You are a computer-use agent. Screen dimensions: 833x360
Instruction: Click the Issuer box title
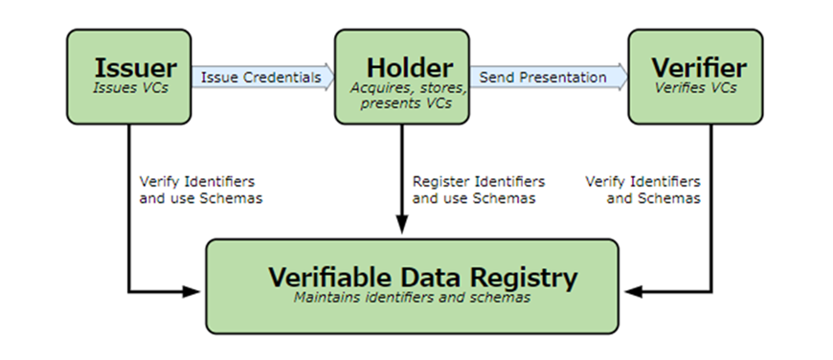pos(135,68)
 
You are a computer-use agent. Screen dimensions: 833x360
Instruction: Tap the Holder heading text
pos(410,68)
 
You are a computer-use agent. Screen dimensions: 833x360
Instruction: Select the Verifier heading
pos(699,68)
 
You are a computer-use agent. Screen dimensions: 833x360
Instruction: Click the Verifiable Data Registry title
pos(422,278)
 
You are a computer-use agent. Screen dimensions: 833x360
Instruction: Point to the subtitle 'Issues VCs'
pos(130,88)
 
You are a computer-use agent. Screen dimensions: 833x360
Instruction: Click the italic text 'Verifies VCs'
pos(695,88)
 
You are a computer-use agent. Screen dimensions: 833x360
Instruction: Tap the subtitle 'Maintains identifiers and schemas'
pos(412,297)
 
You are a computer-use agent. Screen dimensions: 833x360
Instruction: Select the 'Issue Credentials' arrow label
pos(260,78)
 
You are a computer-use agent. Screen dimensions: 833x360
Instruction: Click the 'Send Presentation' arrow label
pos(542,78)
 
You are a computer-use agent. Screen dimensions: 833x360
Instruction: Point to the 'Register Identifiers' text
pos(479,182)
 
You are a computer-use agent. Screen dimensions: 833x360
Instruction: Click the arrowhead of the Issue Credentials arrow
pos(328,78)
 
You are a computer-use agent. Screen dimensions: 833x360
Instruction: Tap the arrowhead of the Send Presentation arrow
pos(621,78)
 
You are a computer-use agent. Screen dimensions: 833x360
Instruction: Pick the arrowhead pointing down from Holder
pos(402,224)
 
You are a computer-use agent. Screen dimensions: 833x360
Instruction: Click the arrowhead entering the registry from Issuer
pos(191,291)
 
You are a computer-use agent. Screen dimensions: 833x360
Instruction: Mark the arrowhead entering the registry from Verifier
pos(634,291)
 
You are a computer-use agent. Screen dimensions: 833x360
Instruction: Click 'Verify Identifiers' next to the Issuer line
pos(197,182)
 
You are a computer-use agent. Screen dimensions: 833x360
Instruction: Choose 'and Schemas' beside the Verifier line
pos(653,198)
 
